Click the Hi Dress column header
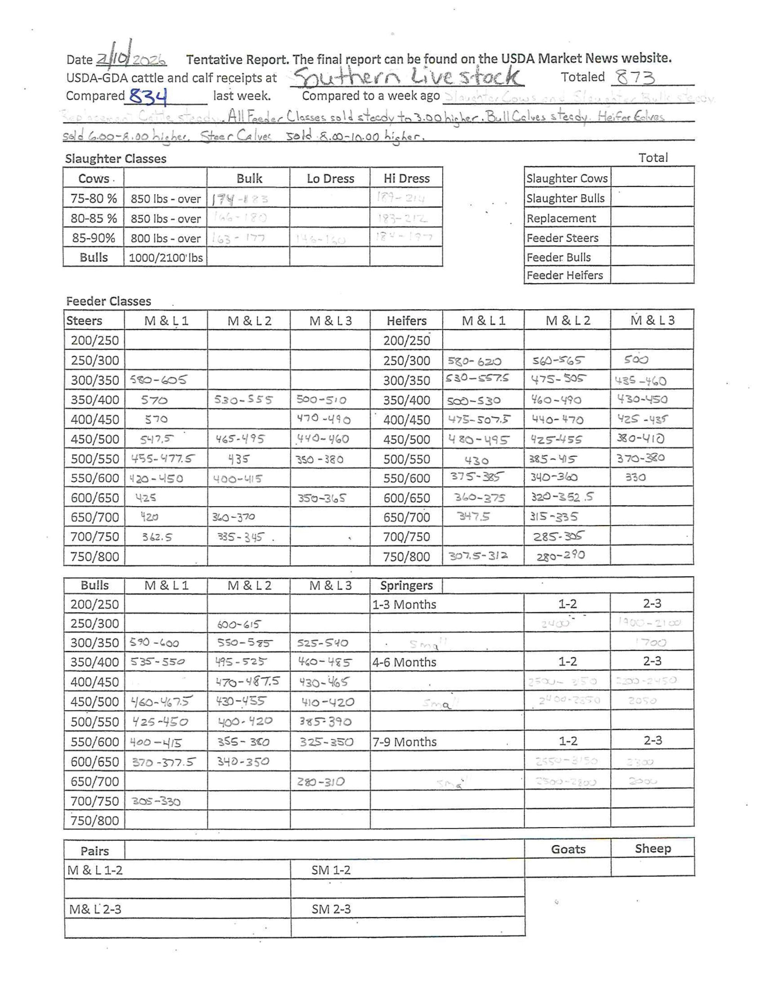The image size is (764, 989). click(x=406, y=178)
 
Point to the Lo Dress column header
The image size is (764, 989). click(x=330, y=178)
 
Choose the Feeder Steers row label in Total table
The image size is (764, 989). click(x=562, y=238)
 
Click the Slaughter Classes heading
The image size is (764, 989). click(x=115, y=158)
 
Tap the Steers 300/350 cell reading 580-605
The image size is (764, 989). click(x=158, y=380)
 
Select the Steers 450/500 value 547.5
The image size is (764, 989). click(x=157, y=438)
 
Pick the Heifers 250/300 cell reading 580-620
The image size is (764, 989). click(x=474, y=361)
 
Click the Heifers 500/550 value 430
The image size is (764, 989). click(x=476, y=461)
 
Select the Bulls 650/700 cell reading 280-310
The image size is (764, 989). click(x=321, y=782)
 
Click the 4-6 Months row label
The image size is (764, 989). click(x=404, y=662)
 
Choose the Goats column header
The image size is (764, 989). click(x=568, y=849)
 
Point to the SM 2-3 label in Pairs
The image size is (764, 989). click(x=331, y=909)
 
